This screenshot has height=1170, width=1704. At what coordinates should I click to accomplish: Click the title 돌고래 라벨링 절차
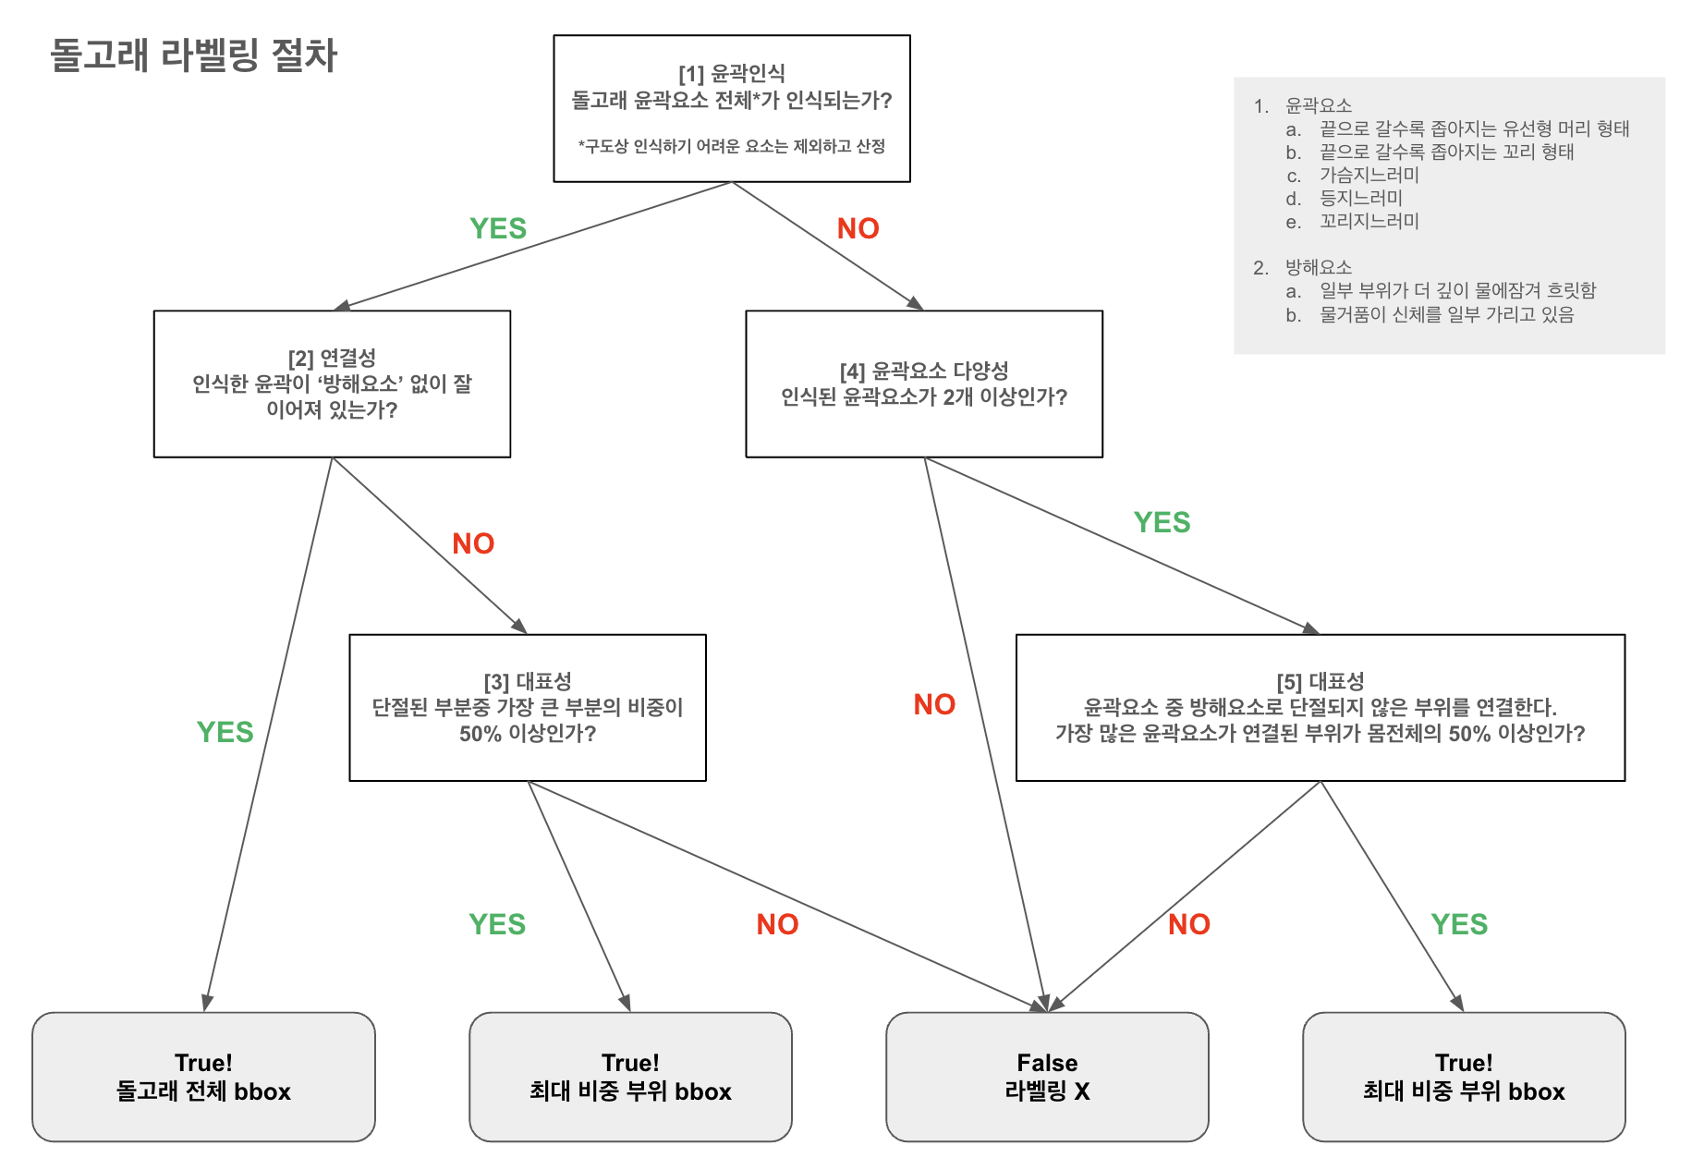click(x=193, y=55)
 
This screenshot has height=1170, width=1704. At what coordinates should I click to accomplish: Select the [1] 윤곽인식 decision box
click(x=731, y=108)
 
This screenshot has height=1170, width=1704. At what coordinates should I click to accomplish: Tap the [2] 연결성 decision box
click(x=332, y=384)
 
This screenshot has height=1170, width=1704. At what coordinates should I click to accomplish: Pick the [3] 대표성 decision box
click(x=527, y=708)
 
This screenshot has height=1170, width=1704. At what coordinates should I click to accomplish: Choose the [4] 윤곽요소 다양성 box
click(x=923, y=384)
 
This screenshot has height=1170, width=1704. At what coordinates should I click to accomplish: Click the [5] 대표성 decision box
click(x=1320, y=708)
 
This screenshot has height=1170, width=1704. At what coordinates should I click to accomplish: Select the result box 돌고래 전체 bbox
click(x=203, y=1077)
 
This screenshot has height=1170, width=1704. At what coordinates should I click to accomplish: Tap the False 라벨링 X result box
click(x=1047, y=1077)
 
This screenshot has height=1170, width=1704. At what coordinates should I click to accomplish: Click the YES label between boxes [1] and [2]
click(x=498, y=228)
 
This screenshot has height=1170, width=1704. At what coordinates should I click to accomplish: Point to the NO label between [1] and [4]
click(x=858, y=228)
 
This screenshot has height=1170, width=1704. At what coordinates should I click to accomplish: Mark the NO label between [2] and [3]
click(x=473, y=543)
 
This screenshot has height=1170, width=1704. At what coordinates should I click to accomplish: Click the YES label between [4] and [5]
click(x=1162, y=522)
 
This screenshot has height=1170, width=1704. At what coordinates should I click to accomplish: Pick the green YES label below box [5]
click(x=1459, y=924)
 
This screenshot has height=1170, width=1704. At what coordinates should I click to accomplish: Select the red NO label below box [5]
click(x=1188, y=924)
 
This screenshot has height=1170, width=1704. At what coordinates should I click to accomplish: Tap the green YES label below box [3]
click(x=497, y=924)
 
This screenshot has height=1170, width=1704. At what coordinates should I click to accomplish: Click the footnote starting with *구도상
click(x=731, y=146)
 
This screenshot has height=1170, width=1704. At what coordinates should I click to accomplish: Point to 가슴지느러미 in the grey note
click(x=1369, y=175)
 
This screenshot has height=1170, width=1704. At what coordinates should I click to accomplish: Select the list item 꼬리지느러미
click(x=1369, y=221)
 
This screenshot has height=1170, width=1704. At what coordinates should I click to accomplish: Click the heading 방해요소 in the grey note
click(x=1318, y=267)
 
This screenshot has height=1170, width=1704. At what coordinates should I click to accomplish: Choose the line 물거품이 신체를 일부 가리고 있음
click(x=1446, y=314)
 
